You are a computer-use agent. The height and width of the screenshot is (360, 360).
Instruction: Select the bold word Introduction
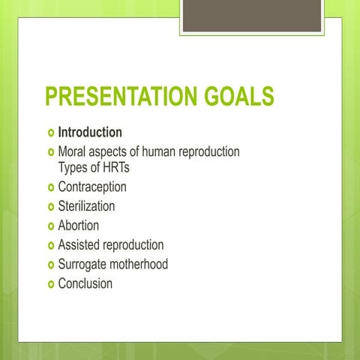coord(90,132)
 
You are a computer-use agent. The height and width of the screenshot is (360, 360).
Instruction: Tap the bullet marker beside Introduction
coord(50,133)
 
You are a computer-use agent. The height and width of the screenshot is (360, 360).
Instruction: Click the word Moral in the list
coord(72,151)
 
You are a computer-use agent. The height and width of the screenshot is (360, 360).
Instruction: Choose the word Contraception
coord(92,187)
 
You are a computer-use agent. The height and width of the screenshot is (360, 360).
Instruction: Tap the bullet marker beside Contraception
coord(50,187)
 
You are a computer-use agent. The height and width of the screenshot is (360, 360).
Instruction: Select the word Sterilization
coord(86,205)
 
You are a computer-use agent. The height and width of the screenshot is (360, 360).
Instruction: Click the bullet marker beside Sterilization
coord(50,206)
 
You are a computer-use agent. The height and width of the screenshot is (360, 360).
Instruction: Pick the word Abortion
coord(78,225)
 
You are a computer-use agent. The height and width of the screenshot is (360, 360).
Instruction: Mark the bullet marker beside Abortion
coord(50,226)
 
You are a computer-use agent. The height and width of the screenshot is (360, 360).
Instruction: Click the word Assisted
coord(80,244)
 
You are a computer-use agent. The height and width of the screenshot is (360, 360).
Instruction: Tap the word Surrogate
coord(84,264)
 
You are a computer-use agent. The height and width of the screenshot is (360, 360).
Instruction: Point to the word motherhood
coord(140,264)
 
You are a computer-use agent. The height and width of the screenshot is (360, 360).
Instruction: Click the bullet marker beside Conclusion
coord(50,284)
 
